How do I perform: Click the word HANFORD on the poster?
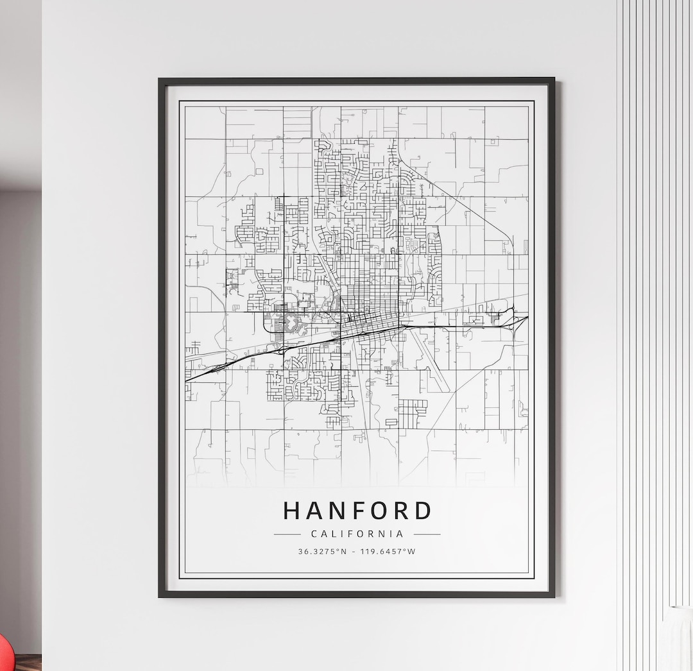(x=357, y=511)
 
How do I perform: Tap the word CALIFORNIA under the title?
(x=357, y=534)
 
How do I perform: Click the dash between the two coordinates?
(x=354, y=551)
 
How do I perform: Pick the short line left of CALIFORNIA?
(x=287, y=534)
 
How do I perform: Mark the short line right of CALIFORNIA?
(x=427, y=534)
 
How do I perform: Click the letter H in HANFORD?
(x=292, y=511)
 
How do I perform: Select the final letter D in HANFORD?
(x=422, y=511)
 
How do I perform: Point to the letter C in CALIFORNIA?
(x=314, y=534)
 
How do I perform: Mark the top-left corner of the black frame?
(x=160, y=80)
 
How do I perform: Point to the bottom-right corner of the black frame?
(x=554, y=596)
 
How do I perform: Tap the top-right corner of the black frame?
(x=554, y=80)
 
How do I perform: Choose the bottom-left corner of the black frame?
(x=160, y=596)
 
